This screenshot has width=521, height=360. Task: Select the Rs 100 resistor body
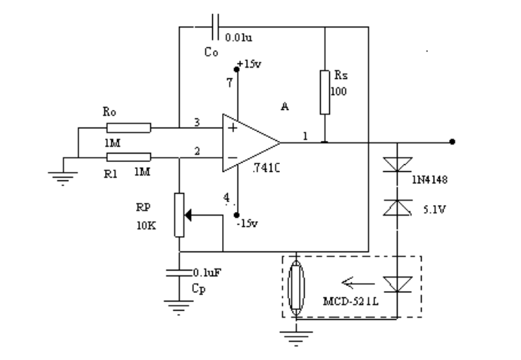(x=324, y=92)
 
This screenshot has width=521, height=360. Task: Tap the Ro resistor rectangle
(x=128, y=128)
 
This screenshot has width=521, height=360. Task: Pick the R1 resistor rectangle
(x=128, y=156)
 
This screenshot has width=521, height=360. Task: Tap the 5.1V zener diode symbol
(x=397, y=206)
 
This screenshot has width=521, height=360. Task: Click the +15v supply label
(x=251, y=64)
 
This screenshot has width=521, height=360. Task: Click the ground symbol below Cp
(x=179, y=304)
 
